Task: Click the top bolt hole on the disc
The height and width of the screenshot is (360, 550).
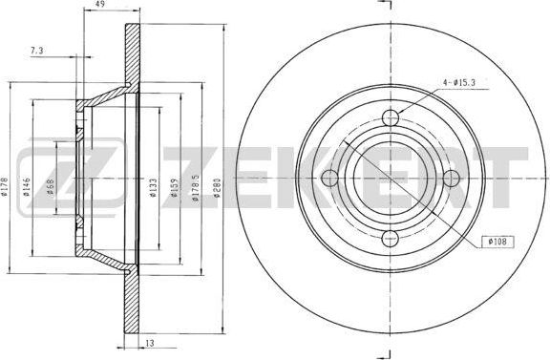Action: pyautogui.click(x=391, y=118)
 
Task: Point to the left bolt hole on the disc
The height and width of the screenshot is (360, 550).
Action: pyautogui.click(x=330, y=179)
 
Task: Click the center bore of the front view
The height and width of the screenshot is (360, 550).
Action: pyautogui.click(x=391, y=179)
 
